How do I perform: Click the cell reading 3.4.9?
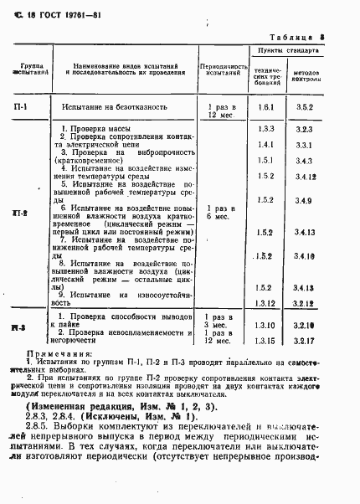304,201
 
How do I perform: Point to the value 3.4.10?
304,256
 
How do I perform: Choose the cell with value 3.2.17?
304,339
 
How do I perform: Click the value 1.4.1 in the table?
266,145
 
